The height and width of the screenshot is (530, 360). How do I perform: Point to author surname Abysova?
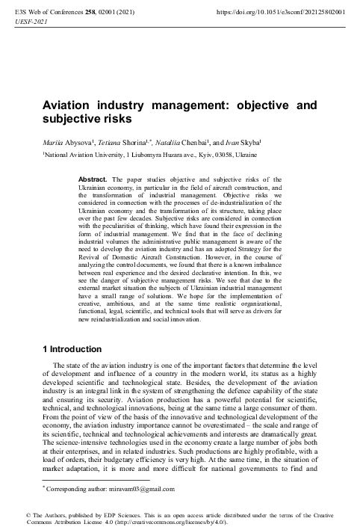(78, 141)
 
